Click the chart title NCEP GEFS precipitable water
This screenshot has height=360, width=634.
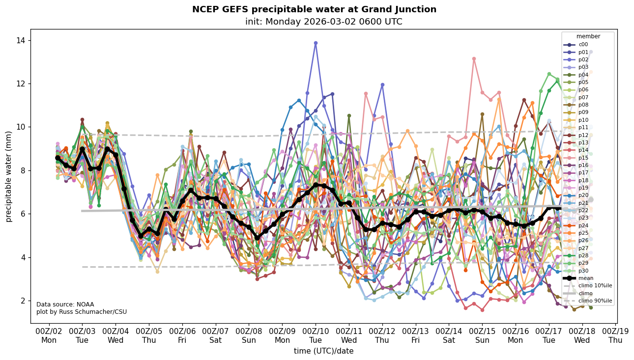tap(314, 9)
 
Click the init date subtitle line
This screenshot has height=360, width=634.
tap(323, 22)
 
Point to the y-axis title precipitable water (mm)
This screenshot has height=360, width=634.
tap(9, 176)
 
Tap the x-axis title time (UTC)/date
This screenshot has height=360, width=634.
tap(323, 351)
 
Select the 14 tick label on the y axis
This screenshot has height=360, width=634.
tap(21, 40)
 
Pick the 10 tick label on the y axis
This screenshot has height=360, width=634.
tap(21, 127)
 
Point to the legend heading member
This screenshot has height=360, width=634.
tap(588, 36)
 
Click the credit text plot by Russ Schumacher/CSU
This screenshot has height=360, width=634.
tap(81, 312)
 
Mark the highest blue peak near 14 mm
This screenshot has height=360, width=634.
tap(316, 43)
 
